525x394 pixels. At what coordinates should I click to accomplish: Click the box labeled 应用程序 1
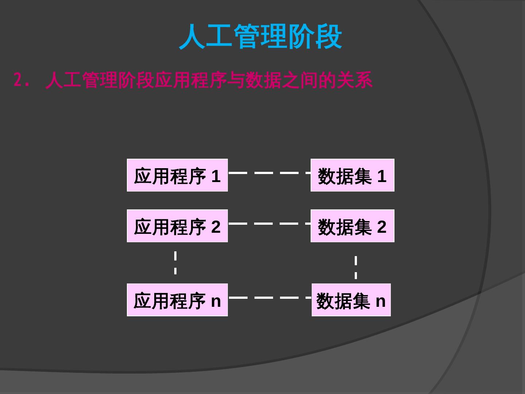(x=177, y=175)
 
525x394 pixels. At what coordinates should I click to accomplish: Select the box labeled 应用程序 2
(x=177, y=226)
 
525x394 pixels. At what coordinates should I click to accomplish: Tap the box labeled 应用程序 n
(x=177, y=300)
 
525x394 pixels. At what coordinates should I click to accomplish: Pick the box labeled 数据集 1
(x=352, y=175)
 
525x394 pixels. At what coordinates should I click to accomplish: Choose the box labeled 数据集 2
(x=352, y=226)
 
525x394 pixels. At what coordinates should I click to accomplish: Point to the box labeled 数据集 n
(x=351, y=300)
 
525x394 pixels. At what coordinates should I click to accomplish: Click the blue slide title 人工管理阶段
(x=260, y=36)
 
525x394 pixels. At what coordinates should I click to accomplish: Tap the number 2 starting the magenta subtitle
(x=17, y=80)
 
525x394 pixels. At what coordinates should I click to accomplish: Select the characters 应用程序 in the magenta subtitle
(x=190, y=80)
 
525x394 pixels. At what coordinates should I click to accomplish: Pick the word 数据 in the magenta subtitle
(x=263, y=80)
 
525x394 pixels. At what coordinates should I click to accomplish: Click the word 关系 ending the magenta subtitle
(x=354, y=80)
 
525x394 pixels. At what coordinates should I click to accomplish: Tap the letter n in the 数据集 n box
(x=380, y=301)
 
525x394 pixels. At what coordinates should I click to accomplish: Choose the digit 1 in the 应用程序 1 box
(x=216, y=176)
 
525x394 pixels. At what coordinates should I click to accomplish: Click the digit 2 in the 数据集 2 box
(x=381, y=227)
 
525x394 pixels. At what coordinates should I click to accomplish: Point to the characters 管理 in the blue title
(x=260, y=36)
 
